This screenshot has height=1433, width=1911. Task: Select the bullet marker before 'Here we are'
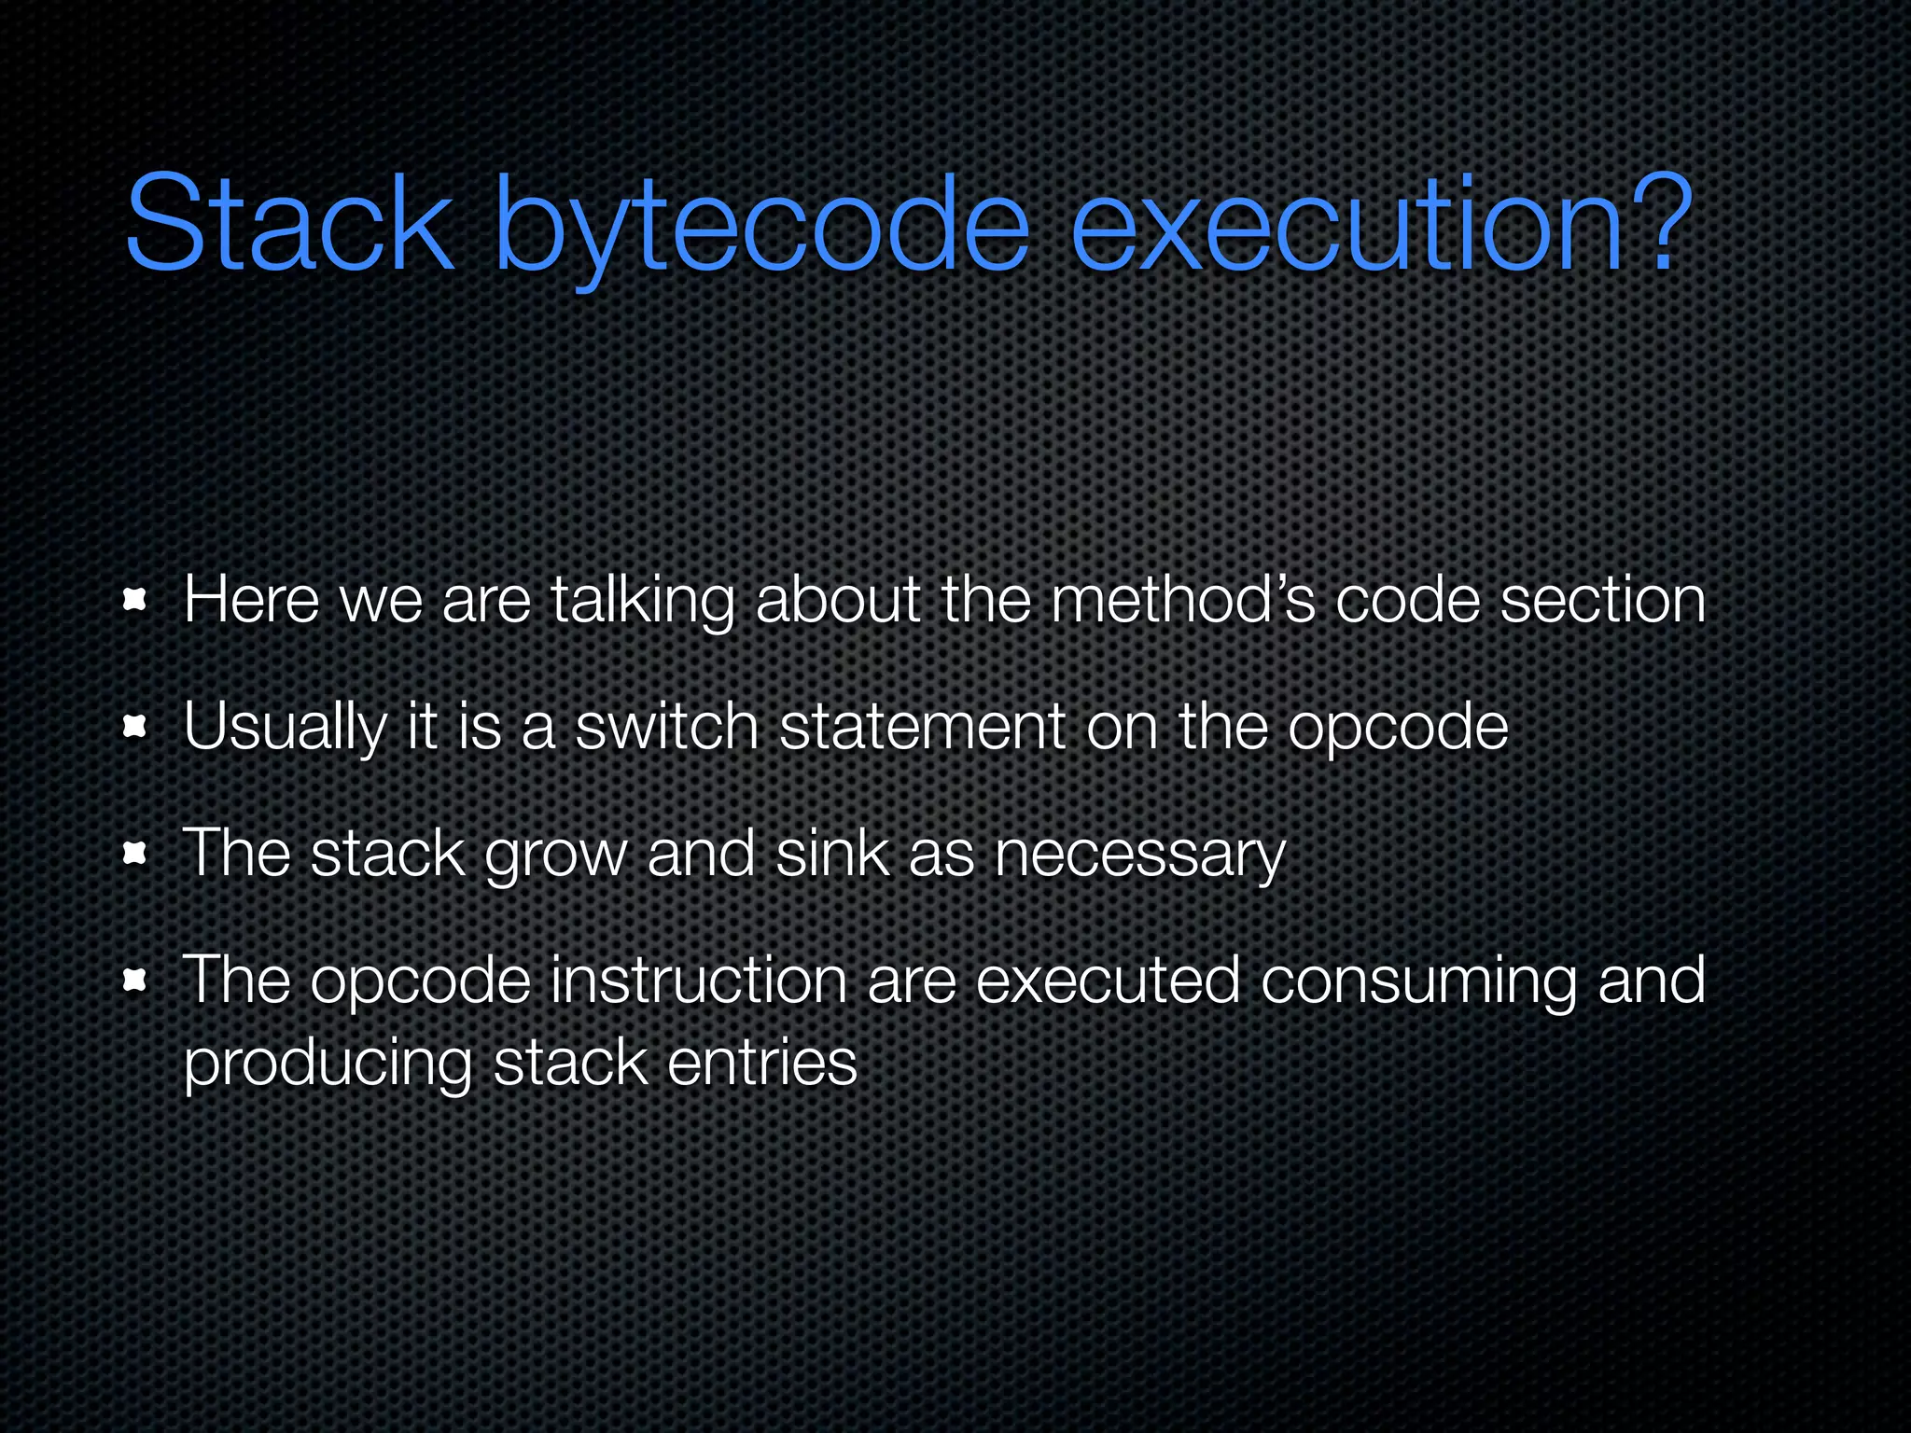coord(136,600)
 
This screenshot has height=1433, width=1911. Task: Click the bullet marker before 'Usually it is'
coord(136,727)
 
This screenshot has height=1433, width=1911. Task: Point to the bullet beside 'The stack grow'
coord(136,853)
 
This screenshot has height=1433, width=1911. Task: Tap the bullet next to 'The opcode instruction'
coord(136,980)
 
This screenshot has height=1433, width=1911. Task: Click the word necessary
coord(1139,855)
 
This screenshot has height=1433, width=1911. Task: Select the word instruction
coord(698,980)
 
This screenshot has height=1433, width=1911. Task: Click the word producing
coord(328,1064)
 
